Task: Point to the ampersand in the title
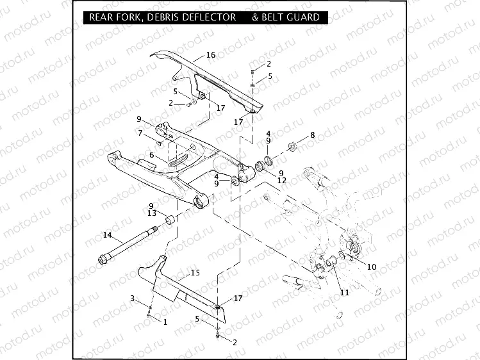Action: click(255, 17)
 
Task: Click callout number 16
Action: click(211, 55)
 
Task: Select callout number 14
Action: click(107, 235)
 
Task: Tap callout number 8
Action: click(312, 135)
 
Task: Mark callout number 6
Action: click(151, 155)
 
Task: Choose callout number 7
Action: click(140, 133)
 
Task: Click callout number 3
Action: click(133, 299)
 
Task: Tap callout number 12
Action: click(282, 181)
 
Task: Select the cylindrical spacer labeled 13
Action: click(172, 221)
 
